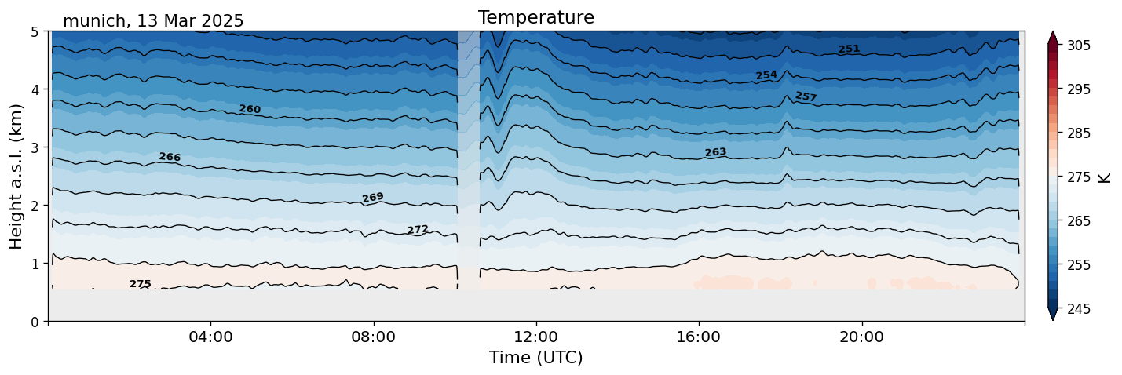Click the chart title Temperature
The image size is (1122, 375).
coord(535,17)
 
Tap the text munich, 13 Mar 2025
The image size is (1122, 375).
coord(153,21)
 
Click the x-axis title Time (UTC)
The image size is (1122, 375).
coord(535,358)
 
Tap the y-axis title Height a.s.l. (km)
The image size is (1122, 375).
coord(16,176)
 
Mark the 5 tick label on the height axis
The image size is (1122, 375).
coord(35,32)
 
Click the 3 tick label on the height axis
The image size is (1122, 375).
coord(35,147)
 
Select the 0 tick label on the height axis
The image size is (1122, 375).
coord(35,322)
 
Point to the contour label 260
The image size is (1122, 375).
coord(250,109)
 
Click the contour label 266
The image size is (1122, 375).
coord(170,157)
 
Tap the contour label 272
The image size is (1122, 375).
coord(418,230)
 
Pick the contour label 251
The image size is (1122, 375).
coord(849,49)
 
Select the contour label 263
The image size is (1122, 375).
coord(715,152)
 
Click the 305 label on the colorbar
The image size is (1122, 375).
coord(1076,46)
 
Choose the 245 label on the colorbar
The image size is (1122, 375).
coord(1076,309)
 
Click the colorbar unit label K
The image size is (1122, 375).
coord(1105,177)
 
